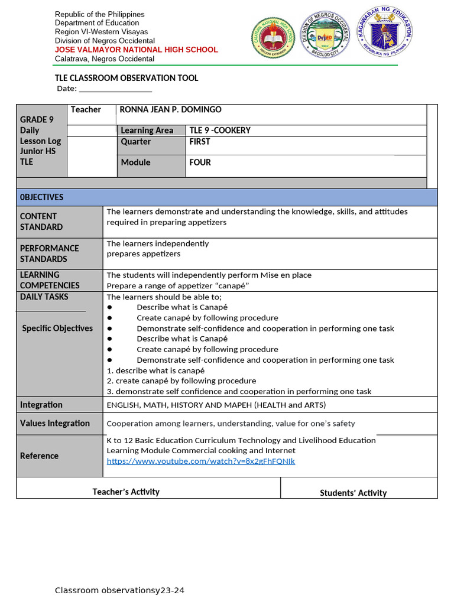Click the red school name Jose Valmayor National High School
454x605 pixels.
pos(136,50)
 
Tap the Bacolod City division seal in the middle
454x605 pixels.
pos(325,35)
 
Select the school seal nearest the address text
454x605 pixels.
pos(273,37)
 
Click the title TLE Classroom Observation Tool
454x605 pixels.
pos(127,78)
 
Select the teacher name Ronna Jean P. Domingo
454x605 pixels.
pos(170,109)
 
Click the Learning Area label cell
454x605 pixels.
pos(147,131)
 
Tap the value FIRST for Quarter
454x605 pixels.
pos(200,142)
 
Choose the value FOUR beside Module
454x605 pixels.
pos(200,162)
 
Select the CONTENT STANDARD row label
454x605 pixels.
pos(41,222)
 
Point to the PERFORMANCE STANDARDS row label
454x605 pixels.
pos(49,253)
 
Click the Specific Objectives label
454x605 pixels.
pos(57,328)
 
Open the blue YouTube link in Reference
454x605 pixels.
pos(200,461)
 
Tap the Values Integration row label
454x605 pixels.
pos(55,423)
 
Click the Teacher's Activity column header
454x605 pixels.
pos(126,492)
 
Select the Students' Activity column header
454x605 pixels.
pos(353,493)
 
